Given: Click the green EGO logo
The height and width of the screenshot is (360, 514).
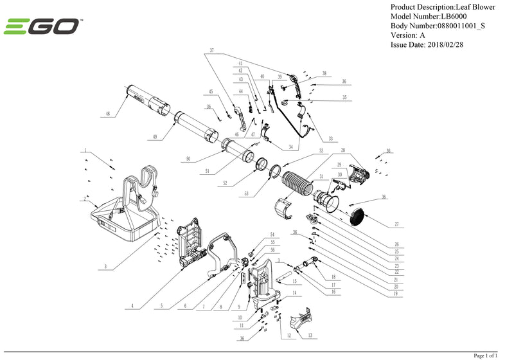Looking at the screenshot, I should (42, 27).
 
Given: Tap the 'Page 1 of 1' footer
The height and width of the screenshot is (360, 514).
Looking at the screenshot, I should (489, 355).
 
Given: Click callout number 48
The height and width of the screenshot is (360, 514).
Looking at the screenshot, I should (108, 114).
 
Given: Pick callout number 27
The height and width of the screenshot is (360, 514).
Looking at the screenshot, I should (396, 226).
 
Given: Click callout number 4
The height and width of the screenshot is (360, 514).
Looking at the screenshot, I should (132, 307).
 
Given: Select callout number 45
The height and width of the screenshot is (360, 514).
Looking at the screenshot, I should (209, 92).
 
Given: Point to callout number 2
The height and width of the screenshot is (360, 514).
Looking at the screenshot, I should (85, 199).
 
